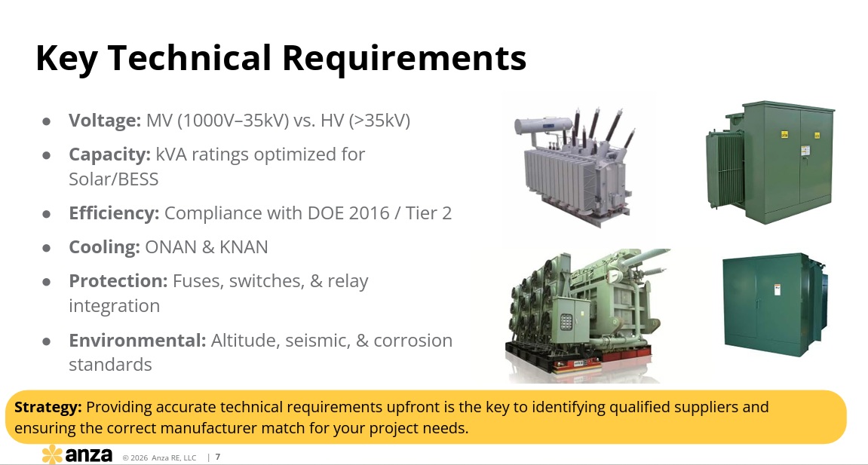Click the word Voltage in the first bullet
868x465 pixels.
tap(105, 121)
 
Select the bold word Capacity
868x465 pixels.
tap(109, 154)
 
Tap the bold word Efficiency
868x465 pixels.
tap(114, 213)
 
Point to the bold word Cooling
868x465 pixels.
tap(104, 247)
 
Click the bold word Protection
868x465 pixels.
tap(118, 281)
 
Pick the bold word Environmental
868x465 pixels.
tap(137, 340)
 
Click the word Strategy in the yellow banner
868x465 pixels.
tap(48, 408)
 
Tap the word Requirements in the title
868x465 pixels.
tap(404, 59)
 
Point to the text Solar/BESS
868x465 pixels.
tap(113, 179)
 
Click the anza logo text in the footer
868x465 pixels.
tap(88, 455)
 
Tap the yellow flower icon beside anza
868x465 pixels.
tap(53, 454)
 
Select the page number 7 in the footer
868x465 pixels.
tap(217, 457)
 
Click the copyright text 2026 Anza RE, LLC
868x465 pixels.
tap(159, 457)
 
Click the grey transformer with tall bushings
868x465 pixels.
tap(575, 166)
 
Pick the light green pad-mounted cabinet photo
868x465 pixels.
tap(770, 162)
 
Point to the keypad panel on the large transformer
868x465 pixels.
tap(566, 322)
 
